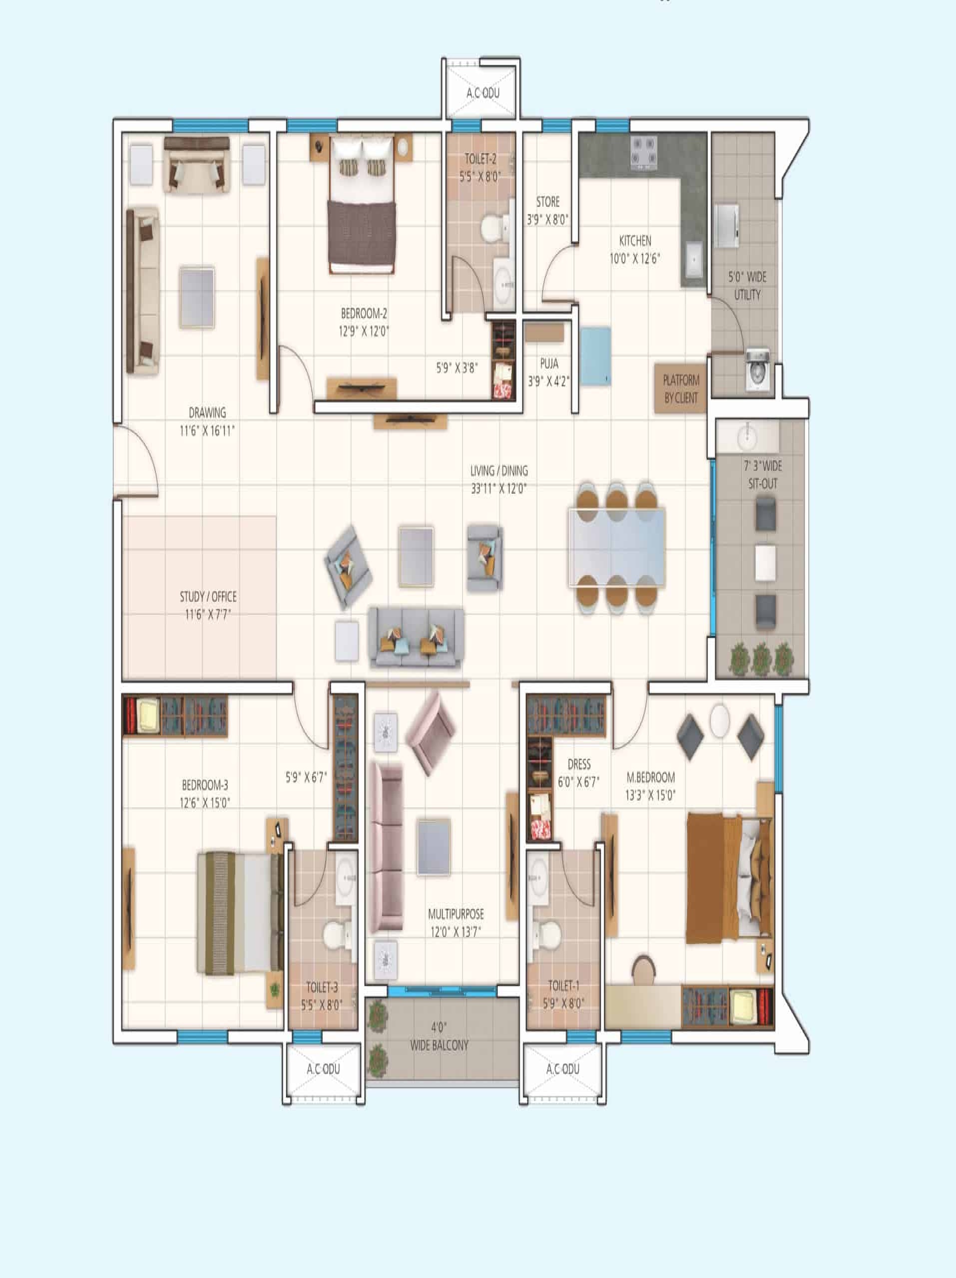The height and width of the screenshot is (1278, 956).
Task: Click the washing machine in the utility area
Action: (757, 369)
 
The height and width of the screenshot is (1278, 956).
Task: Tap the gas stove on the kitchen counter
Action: (644, 154)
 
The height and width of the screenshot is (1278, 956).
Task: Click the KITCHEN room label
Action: (635, 240)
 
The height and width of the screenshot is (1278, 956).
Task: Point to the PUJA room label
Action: (549, 363)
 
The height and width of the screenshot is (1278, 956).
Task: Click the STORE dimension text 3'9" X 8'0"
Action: (547, 220)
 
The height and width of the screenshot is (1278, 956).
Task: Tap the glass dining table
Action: (617, 546)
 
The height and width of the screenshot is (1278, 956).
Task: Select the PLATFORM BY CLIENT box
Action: (681, 388)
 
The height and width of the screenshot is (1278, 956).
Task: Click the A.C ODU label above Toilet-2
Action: (483, 93)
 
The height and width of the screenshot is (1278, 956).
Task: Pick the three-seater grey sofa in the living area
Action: (416, 638)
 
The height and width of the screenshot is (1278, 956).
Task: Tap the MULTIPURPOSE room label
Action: (456, 914)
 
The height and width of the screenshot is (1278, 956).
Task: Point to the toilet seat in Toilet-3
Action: (335, 934)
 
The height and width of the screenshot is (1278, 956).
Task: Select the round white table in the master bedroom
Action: (720, 720)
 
